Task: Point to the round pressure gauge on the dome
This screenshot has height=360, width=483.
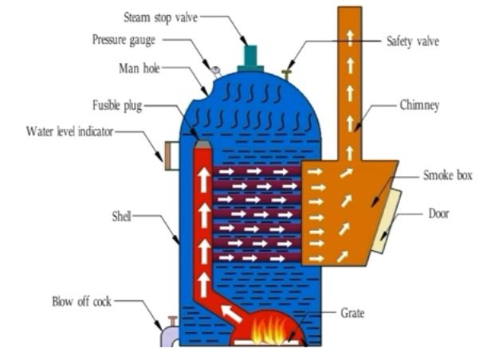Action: coord(214,70)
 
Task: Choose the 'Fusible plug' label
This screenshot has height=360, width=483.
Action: coord(117,104)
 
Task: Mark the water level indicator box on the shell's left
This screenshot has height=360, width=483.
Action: coord(170,155)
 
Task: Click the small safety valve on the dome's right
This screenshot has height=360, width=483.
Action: coord(287,75)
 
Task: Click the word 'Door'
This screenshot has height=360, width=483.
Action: coord(439,214)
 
